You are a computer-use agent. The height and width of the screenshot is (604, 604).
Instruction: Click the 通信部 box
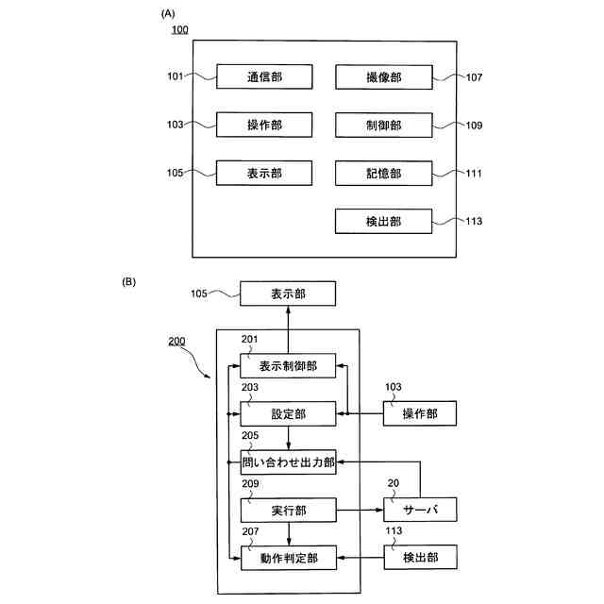coord(264,76)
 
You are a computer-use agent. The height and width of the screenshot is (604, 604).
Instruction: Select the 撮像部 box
coord(384,77)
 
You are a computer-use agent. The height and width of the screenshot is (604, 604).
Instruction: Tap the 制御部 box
coord(384,126)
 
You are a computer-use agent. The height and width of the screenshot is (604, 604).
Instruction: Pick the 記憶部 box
coord(384,174)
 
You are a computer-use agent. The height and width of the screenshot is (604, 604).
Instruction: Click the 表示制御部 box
coord(288,365)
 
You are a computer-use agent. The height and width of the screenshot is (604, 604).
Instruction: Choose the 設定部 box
coord(288,413)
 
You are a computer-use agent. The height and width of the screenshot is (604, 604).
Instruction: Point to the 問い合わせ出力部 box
coord(288,461)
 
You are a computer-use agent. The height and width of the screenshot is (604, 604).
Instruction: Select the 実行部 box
coord(289,510)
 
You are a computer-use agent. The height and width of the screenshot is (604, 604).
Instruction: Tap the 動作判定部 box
coord(289,558)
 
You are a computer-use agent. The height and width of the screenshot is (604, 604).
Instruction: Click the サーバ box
coord(420,510)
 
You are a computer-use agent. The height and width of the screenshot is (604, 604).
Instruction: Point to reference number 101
coord(175,76)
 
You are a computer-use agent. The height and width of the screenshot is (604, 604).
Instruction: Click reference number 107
coord(474,77)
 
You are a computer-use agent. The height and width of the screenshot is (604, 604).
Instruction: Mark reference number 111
coord(474,174)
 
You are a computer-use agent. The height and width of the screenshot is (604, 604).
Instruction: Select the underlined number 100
coord(180,29)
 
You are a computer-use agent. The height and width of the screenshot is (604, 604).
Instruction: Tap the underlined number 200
coord(176,341)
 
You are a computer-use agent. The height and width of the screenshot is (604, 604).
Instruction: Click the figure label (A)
coord(168,14)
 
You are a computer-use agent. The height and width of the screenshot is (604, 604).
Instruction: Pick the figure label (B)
coord(129,282)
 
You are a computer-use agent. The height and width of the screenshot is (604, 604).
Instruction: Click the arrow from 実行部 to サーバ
coord(360,510)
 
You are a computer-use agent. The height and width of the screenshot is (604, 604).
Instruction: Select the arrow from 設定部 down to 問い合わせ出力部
coord(289,438)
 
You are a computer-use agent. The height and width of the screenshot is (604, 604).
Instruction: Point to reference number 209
coord(250,483)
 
